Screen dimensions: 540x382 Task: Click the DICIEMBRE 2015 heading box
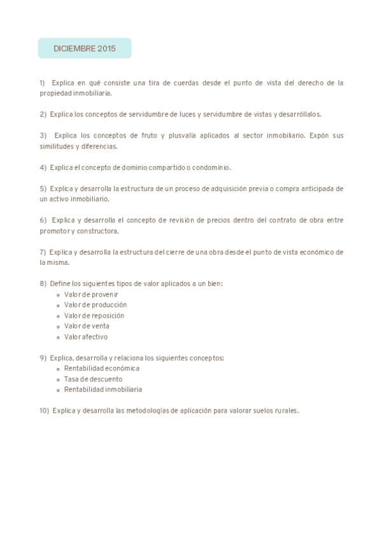point(85,48)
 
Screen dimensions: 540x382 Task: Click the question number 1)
point(43,83)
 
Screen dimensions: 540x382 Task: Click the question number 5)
point(43,188)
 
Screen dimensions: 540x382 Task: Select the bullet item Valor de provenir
point(91,294)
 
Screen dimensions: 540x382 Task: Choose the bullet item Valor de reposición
point(94,316)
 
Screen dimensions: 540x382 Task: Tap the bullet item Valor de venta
point(87,326)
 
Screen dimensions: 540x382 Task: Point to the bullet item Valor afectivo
point(86,337)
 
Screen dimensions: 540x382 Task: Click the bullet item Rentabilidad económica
point(101,368)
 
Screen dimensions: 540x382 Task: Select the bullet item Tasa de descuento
point(93,379)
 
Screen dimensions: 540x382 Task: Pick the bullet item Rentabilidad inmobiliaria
point(103,389)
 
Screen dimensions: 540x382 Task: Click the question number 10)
point(44,411)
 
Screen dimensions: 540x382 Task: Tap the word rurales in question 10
point(286,411)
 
